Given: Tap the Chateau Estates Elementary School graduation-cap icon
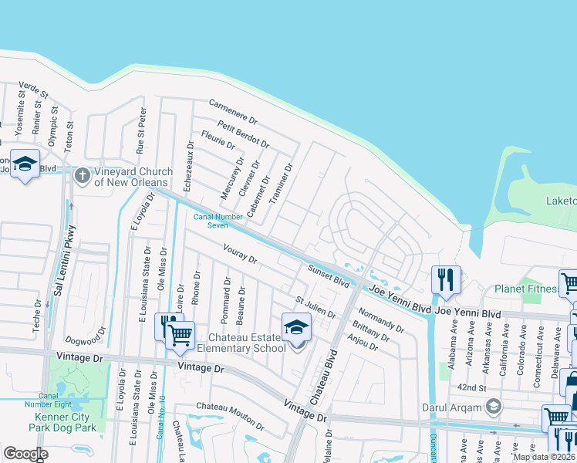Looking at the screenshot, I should (x=295, y=327).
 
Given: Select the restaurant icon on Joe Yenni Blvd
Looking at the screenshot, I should (x=446, y=279).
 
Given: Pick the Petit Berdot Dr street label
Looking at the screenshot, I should (x=243, y=134).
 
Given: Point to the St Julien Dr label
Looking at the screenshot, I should (x=315, y=307).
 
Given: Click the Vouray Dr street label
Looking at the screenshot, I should (x=239, y=253).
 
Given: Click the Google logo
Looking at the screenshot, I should (x=25, y=454).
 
